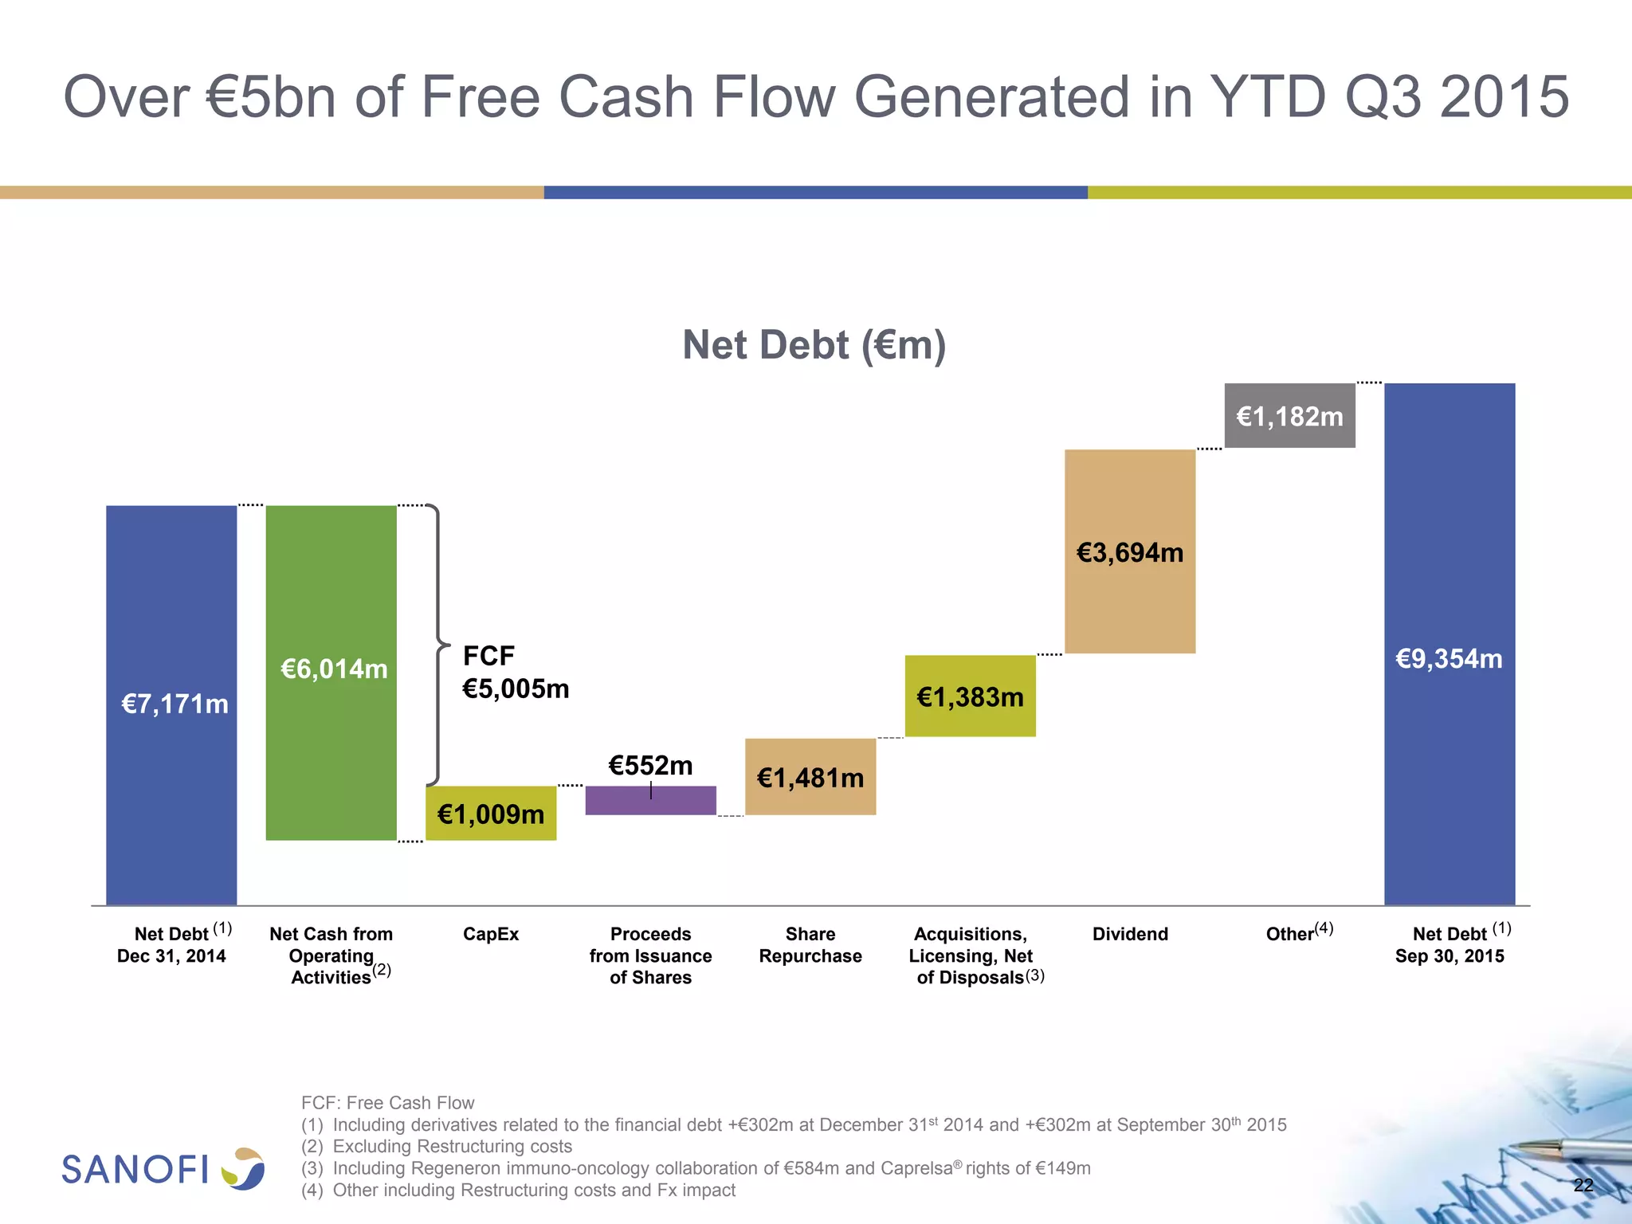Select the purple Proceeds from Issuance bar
pyautogui.click(x=650, y=800)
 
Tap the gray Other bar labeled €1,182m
pyautogui.click(x=1289, y=415)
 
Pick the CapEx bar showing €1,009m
pyautogui.click(x=491, y=814)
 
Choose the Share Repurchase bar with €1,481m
pyautogui.click(x=810, y=777)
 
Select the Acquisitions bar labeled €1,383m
pyautogui.click(x=970, y=696)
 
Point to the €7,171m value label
pyautogui.click(x=175, y=704)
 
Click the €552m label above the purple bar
pyautogui.click(x=650, y=766)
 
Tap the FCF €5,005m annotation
pyautogui.click(x=516, y=673)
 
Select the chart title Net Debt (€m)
pyautogui.click(x=814, y=345)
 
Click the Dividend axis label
pyautogui.click(x=1130, y=934)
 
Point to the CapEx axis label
pyautogui.click(x=491, y=934)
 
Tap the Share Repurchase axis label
pyautogui.click(x=810, y=945)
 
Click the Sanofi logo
pyautogui.click(x=163, y=1169)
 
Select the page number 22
pyautogui.click(x=1583, y=1185)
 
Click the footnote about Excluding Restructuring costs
pyautogui.click(x=437, y=1147)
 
